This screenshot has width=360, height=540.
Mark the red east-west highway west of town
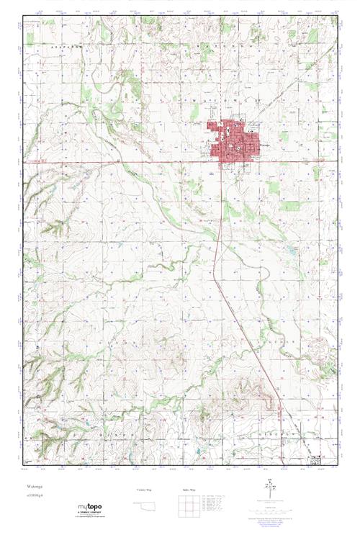coord(108,162)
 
